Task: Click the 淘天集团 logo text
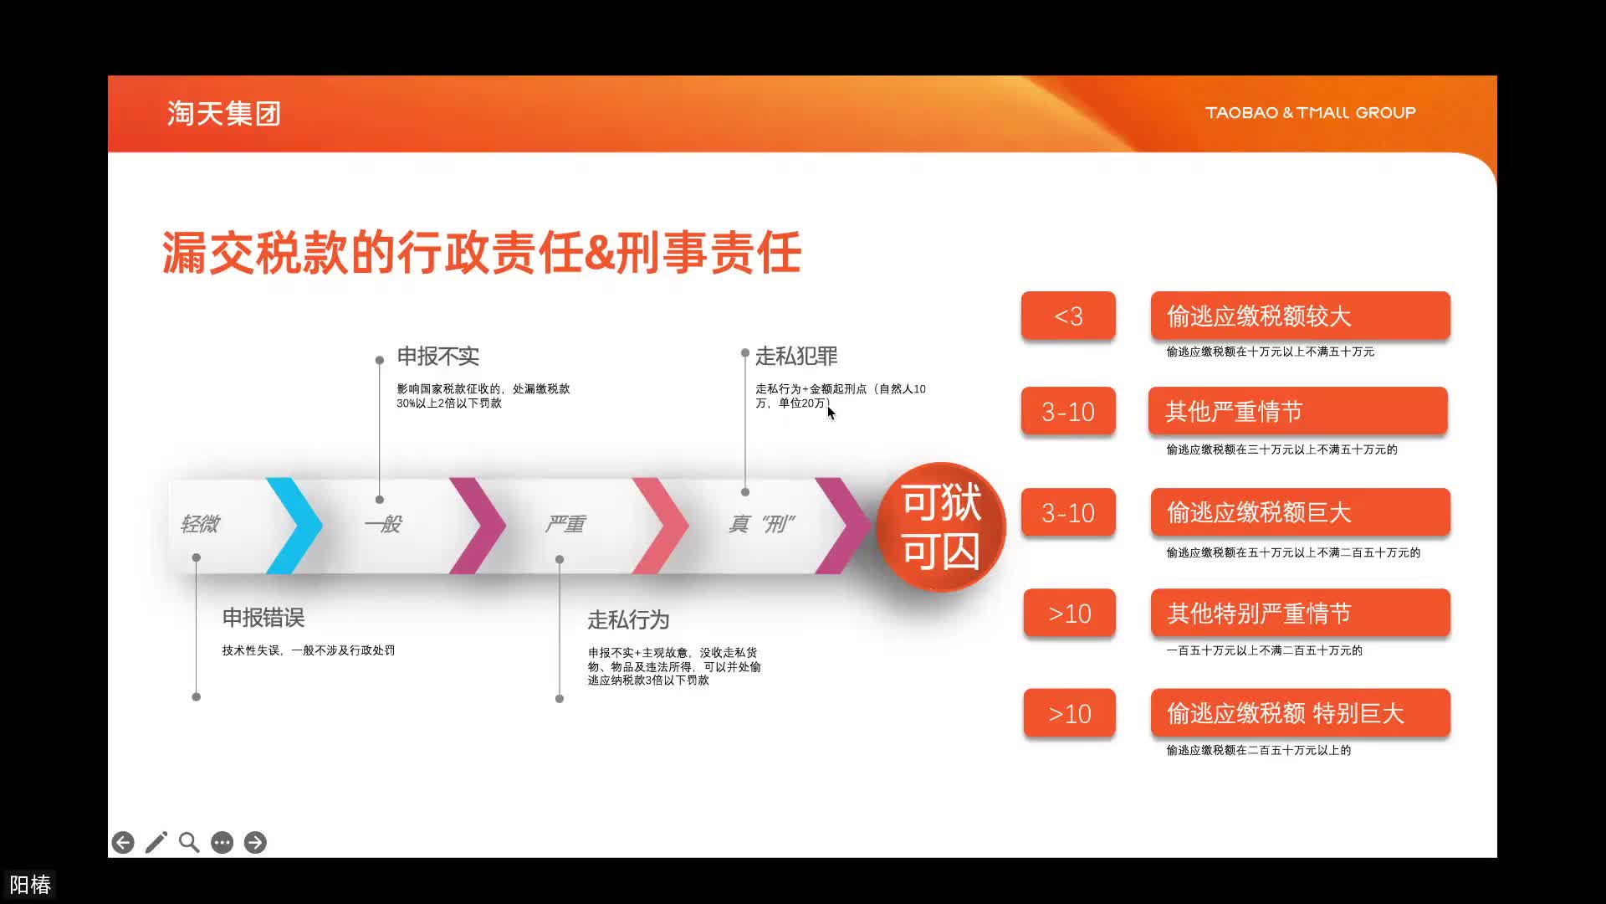[223, 113]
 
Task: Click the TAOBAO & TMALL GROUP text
[1310, 112]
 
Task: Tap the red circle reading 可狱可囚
[941, 526]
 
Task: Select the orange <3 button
[1068, 316]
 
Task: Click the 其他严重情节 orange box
[1298, 411]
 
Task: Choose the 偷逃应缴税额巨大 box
[1301, 512]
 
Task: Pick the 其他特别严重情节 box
[1301, 613]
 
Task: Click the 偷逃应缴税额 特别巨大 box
[1301, 713]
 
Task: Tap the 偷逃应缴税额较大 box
[1301, 316]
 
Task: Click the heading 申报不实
[437, 357]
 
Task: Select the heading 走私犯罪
[796, 357]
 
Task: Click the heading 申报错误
[263, 618]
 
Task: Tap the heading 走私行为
[628, 620]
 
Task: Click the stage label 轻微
[199, 524]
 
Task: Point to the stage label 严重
[565, 524]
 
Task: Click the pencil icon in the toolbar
[156, 842]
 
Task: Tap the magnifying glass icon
[189, 842]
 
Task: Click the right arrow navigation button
[255, 842]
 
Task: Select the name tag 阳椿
[30, 885]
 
